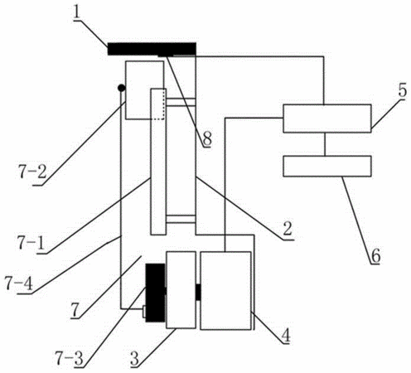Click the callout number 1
point(77,13)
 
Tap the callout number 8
point(207,138)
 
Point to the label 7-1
point(31,243)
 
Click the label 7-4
point(19,283)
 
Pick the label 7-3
point(69,358)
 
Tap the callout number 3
point(135,359)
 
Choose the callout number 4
point(286,336)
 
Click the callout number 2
point(288,229)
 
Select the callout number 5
point(403,91)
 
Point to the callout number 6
point(375,256)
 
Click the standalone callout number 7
point(75,310)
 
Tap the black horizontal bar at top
point(152,49)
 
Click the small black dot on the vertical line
point(121,88)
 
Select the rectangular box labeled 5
point(327,119)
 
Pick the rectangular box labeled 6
point(327,166)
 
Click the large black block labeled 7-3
point(156,293)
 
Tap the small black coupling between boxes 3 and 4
point(198,293)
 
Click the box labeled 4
point(225,290)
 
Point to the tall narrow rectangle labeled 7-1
point(158,162)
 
